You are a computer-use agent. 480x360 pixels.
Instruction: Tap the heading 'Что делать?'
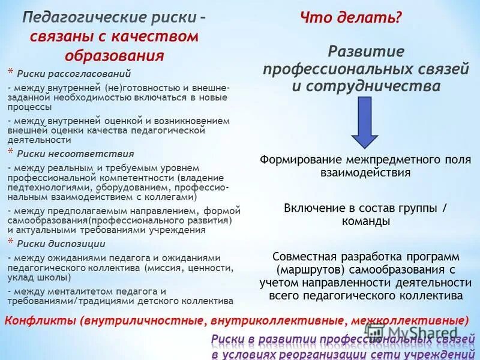[x=350, y=18]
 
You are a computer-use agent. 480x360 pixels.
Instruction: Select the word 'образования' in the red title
[x=114, y=56]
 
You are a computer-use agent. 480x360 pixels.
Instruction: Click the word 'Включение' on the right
[x=311, y=208]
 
